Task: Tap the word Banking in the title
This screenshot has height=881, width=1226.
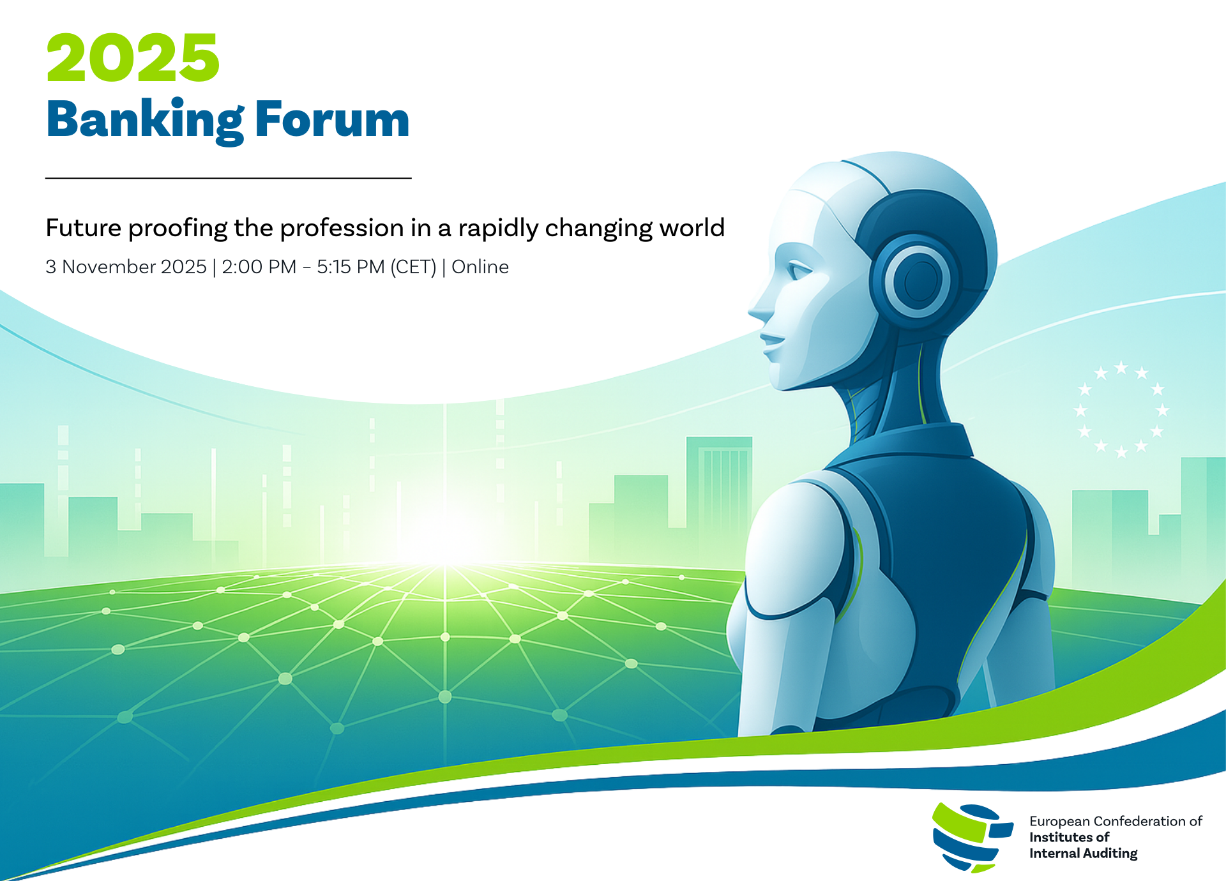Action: (145, 121)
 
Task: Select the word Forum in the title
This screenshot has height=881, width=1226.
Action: (332, 119)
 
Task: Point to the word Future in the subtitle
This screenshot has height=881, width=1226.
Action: (84, 228)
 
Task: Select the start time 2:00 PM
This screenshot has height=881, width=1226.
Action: (259, 267)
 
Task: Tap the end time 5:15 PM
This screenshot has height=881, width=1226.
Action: (351, 267)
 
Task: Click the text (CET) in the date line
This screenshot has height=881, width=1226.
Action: (413, 267)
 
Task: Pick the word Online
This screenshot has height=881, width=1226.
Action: (480, 267)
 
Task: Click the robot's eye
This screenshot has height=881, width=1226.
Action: (799, 271)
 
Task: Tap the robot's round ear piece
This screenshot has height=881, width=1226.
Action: (917, 281)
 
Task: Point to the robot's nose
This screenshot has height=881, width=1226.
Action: (762, 308)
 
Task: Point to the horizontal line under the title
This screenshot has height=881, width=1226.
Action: (229, 178)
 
